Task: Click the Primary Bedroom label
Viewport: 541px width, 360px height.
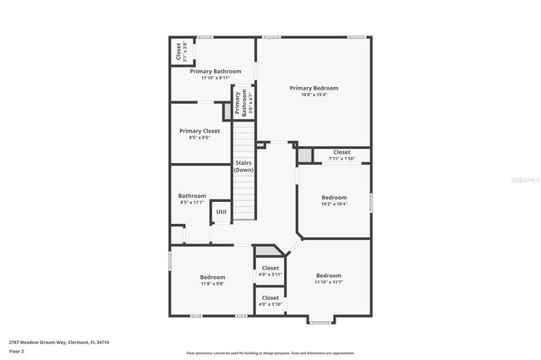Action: [x=314, y=88]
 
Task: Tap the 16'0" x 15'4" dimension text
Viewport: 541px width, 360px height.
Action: [x=314, y=95]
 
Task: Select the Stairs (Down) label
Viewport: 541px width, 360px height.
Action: [x=244, y=166]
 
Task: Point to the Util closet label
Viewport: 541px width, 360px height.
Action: [x=221, y=211]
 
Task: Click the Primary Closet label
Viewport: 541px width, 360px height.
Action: [x=199, y=131]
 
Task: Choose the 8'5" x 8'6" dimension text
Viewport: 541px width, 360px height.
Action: [x=199, y=138]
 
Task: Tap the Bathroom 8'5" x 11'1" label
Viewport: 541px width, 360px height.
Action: [x=192, y=199]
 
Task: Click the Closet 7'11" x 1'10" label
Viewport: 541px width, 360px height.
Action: [x=342, y=155]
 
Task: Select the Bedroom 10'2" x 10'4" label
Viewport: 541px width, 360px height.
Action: [x=334, y=200]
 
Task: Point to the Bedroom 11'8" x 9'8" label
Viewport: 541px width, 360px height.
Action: [x=212, y=280]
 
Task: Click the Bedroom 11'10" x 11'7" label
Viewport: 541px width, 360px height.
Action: [x=329, y=279]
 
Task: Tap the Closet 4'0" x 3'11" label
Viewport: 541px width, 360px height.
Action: [x=270, y=270]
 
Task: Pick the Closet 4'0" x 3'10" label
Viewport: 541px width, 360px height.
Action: [x=270, y=300]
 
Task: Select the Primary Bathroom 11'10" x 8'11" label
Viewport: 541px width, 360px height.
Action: [x=216, y=74]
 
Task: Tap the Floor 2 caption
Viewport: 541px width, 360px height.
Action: [x=16, y=351]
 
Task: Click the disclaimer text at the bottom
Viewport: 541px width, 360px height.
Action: [x=270, y=353]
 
